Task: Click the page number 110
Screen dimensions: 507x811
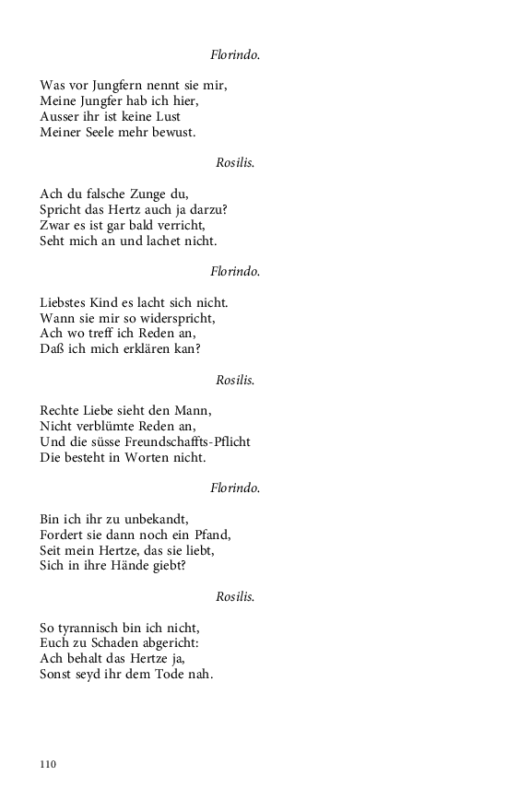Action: [48, 764]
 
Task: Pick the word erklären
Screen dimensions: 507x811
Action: [147, 349]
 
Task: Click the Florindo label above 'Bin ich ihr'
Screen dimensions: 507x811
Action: [235, 488]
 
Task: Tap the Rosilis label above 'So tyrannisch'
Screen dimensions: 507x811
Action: [235, 596]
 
